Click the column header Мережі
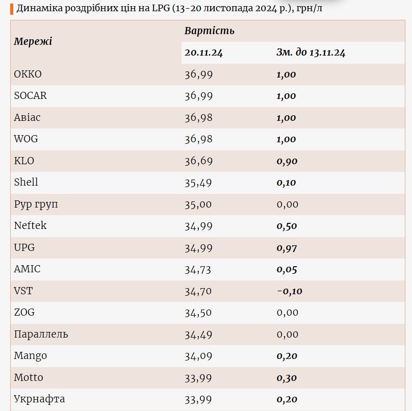coord(33,41)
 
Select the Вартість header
coord(209,31)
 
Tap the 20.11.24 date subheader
coord(203,53)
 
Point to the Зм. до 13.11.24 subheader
coord(311,53)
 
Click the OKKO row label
coord(28,74)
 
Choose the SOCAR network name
coord(30,96)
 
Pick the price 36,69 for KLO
coord(198,161)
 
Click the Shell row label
coord(26,182)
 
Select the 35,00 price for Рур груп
coord(198,204)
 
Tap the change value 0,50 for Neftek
coord(287,226)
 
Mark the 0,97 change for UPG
coord(287,248)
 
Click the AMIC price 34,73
coord(198,270)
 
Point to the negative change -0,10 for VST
coord(290,291)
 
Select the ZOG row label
coord(24,312)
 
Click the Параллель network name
coord(41,335)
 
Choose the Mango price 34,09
coord(198,356)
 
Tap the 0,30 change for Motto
coord(287,378)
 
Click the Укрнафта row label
coord(39,399)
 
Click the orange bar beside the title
coord(12,9)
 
